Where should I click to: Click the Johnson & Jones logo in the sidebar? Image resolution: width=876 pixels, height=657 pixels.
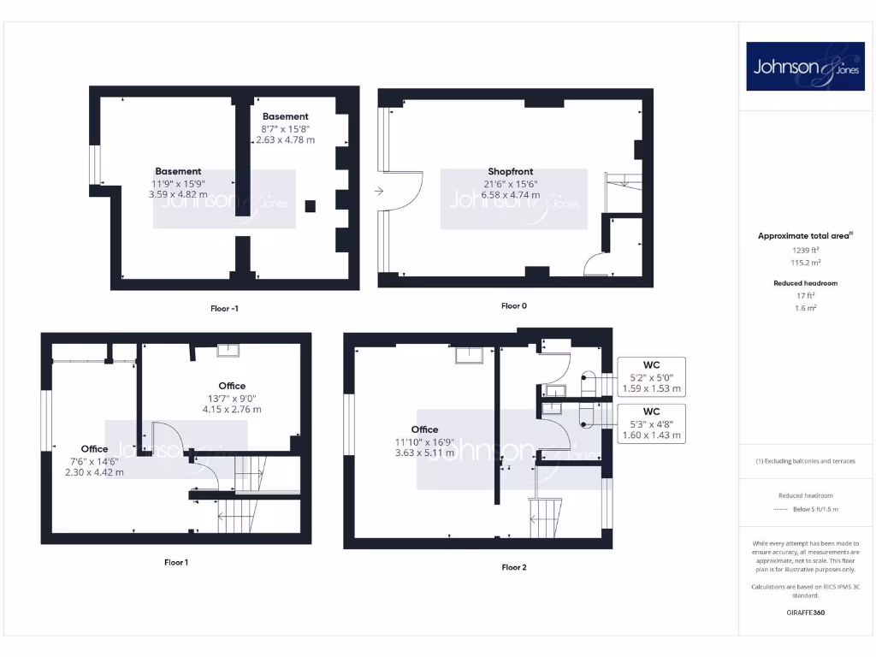click(805, 66)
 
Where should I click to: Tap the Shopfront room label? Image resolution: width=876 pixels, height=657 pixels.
click(510, 171)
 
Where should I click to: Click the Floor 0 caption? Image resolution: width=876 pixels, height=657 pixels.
click(514, 305)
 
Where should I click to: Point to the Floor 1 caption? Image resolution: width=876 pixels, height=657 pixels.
click(176, 562)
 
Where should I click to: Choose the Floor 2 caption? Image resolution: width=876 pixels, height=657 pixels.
click(514, 567)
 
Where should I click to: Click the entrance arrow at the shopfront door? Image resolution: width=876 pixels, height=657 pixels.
click(379, 192)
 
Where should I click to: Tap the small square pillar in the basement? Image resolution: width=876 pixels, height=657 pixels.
click(310, 205)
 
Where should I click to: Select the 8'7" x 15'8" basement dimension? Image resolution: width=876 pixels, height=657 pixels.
click(286, 128)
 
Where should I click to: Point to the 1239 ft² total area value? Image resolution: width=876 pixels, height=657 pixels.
click(805, 250)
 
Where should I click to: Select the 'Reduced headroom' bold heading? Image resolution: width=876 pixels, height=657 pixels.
click(805, 283)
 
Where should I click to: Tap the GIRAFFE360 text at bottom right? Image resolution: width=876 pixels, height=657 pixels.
click(805, 613)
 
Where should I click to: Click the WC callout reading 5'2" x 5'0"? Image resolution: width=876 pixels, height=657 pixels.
click(651, 376)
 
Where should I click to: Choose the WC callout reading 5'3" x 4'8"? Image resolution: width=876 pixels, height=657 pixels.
click(651, 423)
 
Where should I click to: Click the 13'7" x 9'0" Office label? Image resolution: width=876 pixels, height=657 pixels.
click(232, 398)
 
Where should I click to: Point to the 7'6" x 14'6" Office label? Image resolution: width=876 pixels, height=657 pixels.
click(95, 460)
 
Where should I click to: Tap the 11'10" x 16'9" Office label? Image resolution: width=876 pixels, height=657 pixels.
click(424, 441)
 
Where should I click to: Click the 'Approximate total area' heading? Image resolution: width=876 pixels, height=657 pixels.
click(802, 236)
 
